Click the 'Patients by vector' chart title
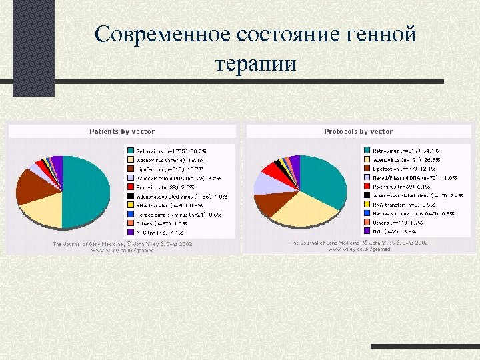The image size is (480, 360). click(120, 132)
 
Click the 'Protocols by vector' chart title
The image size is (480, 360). click(358, 132)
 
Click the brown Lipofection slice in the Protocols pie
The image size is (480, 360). click(267, 201)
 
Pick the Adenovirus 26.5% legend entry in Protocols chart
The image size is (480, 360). click(403, 161)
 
